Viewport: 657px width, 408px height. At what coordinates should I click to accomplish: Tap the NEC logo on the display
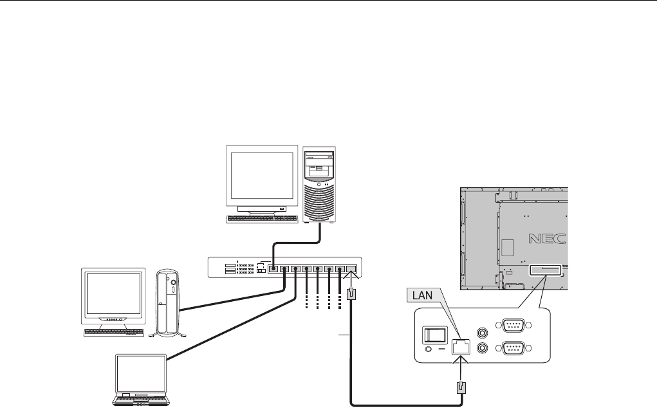tap(548, 239)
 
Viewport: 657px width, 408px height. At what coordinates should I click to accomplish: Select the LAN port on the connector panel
tap(460, 345)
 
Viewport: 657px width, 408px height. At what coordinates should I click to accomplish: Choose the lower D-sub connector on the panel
tap(513, 349)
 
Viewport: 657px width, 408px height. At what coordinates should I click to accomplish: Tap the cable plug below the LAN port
tap(461, 389)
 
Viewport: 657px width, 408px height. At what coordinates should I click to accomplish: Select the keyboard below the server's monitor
tap(261, 218)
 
